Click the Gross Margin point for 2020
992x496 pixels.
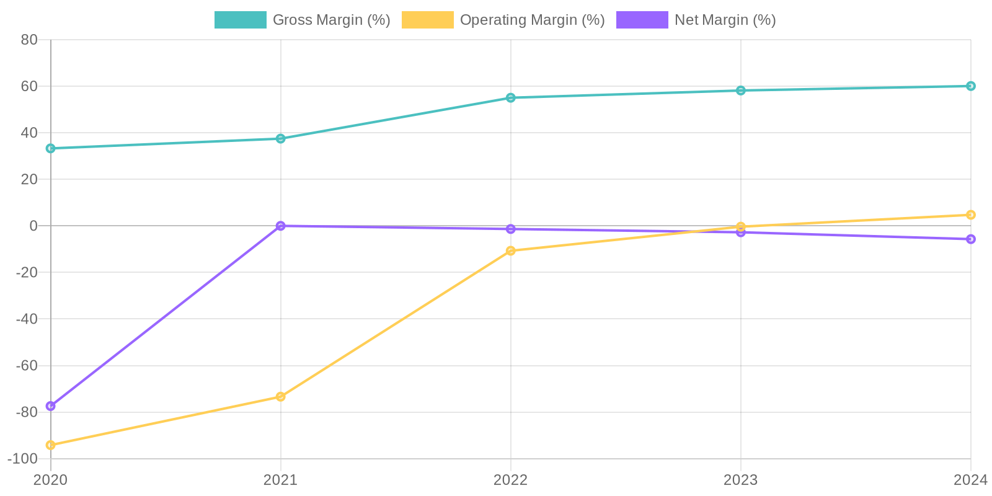pyautogui.click(x=51, y=148)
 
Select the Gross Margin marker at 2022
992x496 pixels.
pyautogui.click(x=511, y=97)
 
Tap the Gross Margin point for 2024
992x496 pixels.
pyautogui.click(x=970, y=86)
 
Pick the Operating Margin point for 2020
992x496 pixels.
pyautogui.click(x=51, y=445)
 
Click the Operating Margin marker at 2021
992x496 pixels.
pyautogui.click(x=281, y=396)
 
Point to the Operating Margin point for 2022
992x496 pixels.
pyautogui.click(x=511, y=250)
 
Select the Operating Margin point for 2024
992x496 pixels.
pyautogui.click(x=970, y=215)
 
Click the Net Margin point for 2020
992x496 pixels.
pyautogui.click(x=51, y=406)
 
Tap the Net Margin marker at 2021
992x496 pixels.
pyautogui.click(x=281, y=226)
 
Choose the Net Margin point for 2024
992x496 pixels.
pyautogui.click(x=970, y=239)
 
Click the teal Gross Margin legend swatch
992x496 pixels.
pyautogui.click(x=240, y=20)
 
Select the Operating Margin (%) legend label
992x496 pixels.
pyautogui.click(x=532, y=20)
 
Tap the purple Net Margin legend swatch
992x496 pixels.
pyautogui.click(x=642, y=20)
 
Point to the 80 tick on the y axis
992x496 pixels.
pyautogui.click(x=29, y=40)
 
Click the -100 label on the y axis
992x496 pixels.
pyautogui.click(x=22, y=459)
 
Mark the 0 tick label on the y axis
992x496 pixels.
pyautogui.click(x=33, y=226)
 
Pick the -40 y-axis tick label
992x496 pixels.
pyautogui.click(x=26, y=319)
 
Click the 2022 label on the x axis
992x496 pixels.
pyautogui.click(x=511, y=480)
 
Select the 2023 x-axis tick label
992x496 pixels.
pyautogui.click(x=740, y=480)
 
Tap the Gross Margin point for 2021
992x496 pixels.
pyautogui.click(x=281, y=138)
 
